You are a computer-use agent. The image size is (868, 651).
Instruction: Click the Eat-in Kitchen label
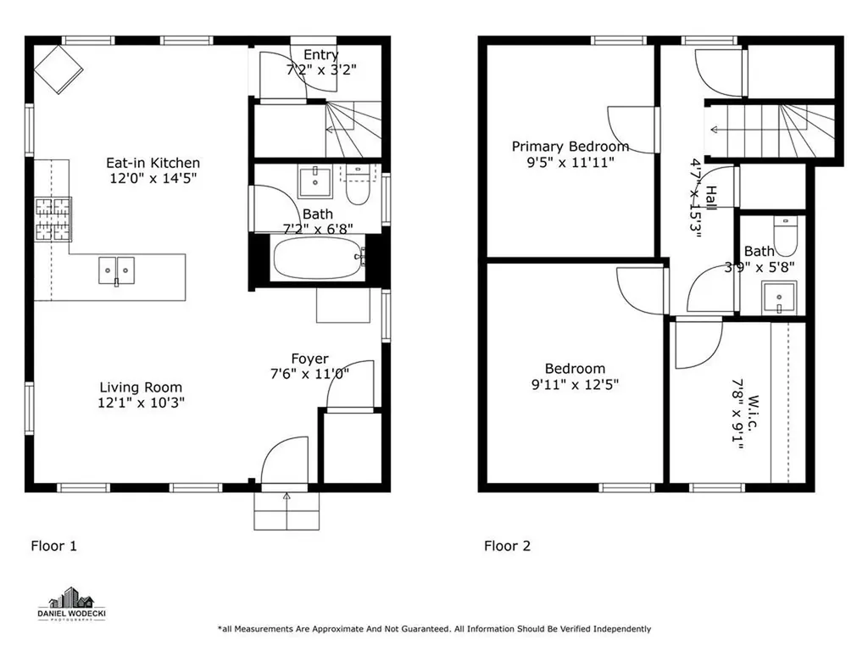coord(153,163)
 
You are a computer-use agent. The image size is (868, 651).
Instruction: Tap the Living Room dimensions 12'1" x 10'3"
coord(142,403)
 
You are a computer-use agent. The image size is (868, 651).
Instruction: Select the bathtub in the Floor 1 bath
coord(319,258)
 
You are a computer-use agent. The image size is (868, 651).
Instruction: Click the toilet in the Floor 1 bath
coord(358,186)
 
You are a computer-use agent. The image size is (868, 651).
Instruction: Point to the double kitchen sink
coord(117,270)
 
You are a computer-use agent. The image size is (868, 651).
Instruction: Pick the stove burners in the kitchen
coord(53,220)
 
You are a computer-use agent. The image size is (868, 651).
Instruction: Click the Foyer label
coord(310,359)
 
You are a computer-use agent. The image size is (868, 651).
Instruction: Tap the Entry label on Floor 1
coord(321,54)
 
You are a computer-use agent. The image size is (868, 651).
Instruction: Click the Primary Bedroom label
coord(570,147)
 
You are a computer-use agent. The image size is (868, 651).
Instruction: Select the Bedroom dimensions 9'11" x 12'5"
coord(576,384)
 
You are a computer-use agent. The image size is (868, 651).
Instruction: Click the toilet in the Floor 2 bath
coord(784,236)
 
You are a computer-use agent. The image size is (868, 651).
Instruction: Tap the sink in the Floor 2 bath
coord(779,297)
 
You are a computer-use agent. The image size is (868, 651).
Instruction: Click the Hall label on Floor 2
coord(711,198)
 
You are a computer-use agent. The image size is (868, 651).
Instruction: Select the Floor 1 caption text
coord(53,546)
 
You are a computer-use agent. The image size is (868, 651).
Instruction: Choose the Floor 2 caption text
coord(507,546)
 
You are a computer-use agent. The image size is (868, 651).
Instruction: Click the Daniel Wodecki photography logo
coord(71,604)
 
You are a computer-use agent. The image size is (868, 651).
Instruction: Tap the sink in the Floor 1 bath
coord(315,181)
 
